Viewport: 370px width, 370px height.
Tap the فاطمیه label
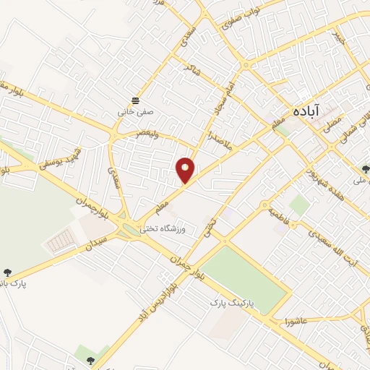pos(280,214)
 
